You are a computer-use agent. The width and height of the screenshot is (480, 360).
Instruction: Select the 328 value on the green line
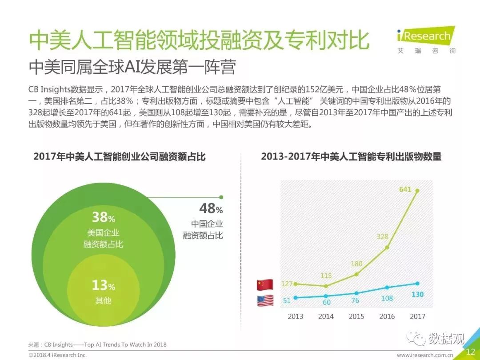(382, 236)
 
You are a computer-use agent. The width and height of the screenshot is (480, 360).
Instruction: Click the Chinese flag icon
(265, 284)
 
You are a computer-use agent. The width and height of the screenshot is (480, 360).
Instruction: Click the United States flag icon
(265, 301)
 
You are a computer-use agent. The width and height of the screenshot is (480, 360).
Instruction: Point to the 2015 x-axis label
(356, 316)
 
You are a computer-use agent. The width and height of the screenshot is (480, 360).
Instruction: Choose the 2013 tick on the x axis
(295, 316)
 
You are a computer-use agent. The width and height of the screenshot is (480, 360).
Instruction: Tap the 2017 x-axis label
(417, 316)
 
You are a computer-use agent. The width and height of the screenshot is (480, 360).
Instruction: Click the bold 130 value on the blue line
(417, 295)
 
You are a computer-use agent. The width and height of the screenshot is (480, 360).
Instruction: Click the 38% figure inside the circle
(103, 217)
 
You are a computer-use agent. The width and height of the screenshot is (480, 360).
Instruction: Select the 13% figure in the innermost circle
(103, 285)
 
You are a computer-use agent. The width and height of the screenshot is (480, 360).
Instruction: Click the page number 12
(470, 352)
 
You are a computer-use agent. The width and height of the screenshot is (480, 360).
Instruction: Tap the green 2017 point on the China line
(417, 191)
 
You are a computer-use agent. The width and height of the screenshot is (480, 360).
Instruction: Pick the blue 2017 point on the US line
(417, 284)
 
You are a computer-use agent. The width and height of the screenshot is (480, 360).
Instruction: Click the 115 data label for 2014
(326, 276)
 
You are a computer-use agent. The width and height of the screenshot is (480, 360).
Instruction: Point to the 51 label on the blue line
(287, 301)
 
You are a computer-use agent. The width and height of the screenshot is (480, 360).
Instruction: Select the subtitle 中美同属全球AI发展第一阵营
(132, 68)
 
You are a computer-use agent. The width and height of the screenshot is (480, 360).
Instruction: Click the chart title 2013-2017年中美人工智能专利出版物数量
(351, 156)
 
